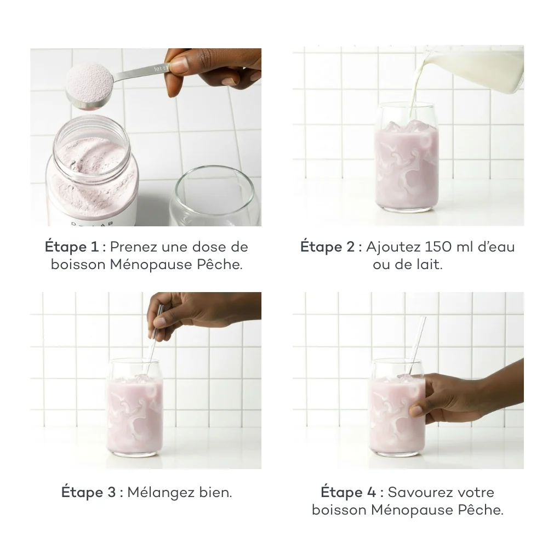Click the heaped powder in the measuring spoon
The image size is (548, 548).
[x=88, y=82]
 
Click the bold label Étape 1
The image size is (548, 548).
[x=75, y=247]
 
